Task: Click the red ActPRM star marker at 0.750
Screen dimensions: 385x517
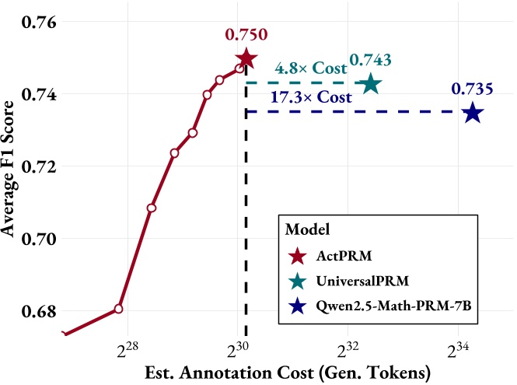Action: click(246, 58)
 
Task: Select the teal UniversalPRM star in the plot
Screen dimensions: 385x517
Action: click(371, 84)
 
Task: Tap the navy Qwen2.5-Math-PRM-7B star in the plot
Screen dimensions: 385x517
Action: click(472, 113)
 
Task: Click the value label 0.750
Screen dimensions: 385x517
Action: click(245, 34)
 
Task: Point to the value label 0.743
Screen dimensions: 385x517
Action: click(370, 60)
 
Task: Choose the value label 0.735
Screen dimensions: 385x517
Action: click(472, 89)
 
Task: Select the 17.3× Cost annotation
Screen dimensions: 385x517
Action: click(311, 98)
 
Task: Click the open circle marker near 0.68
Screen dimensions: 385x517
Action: click(119, 309)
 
